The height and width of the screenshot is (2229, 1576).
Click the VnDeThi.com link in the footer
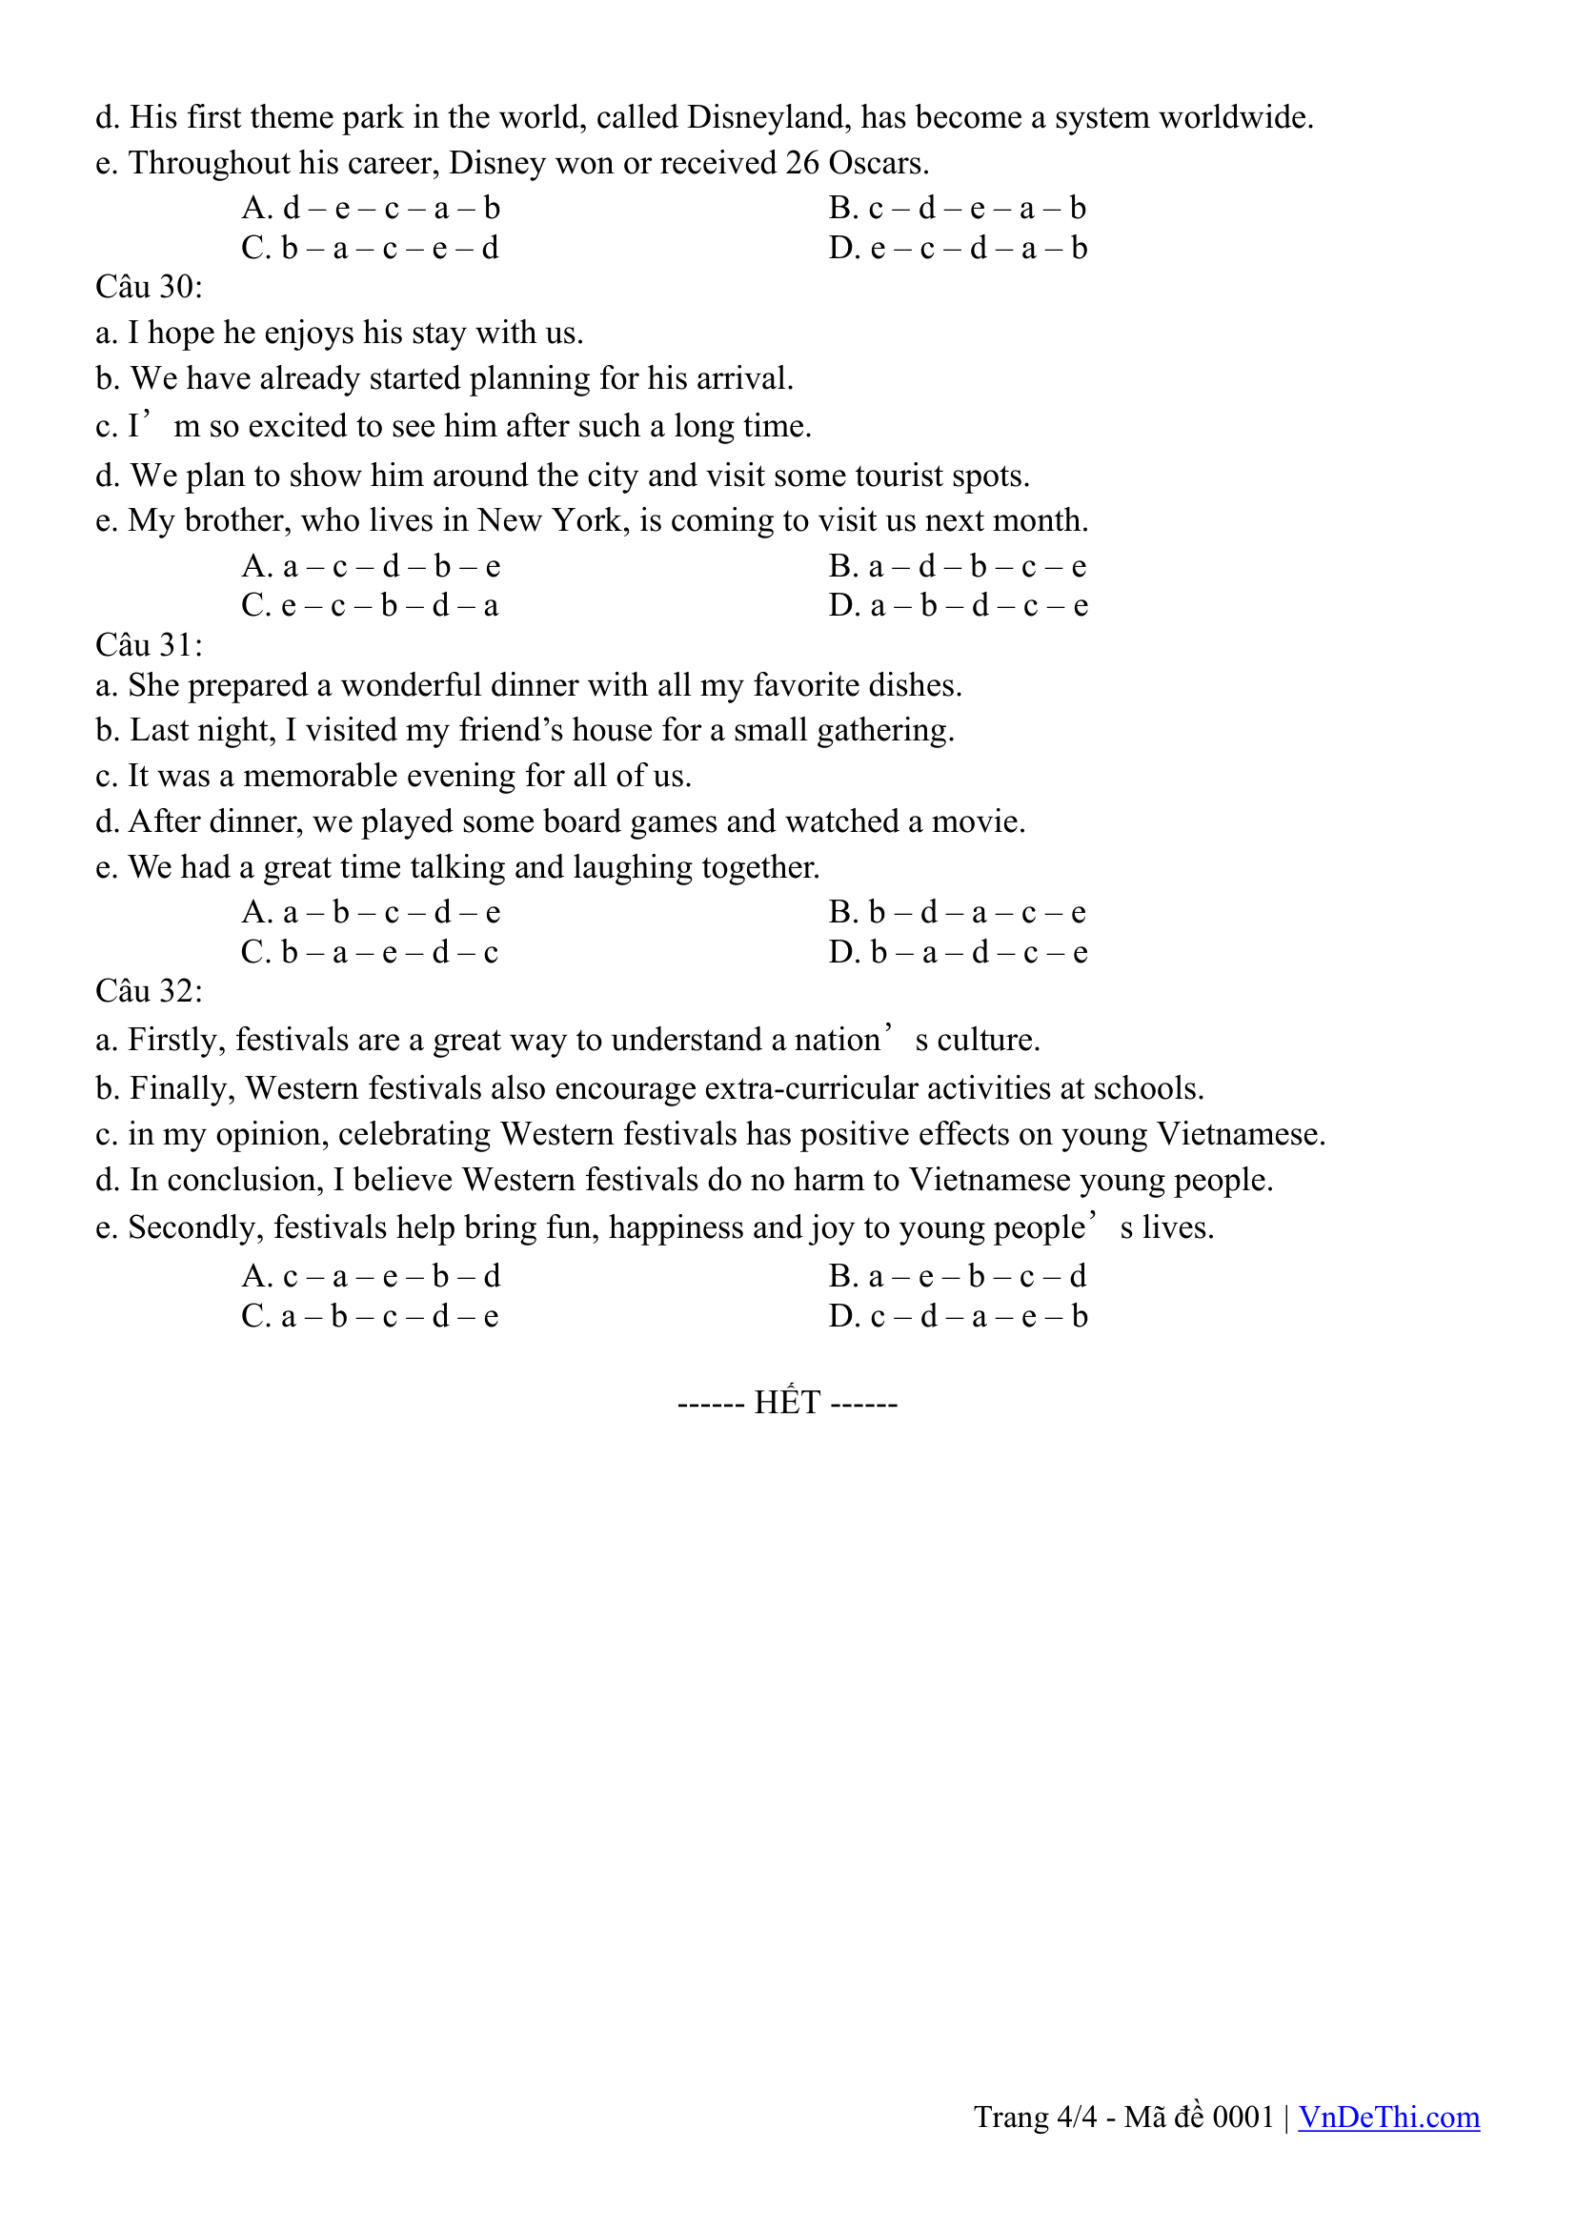coord(1388,2117)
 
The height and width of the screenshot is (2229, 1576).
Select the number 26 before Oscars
coord(801,163)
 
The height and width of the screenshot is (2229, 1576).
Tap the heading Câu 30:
coord(149,287)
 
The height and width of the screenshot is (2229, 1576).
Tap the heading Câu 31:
coord(149,644)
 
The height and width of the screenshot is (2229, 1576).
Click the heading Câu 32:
coord(149,990)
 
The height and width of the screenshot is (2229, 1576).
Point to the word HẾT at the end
coord(787,1403)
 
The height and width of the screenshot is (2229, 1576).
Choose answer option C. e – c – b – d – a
coord(370,606)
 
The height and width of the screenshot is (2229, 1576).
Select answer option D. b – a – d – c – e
coord(958,952)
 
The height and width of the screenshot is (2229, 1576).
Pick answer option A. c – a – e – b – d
coord(371,1276)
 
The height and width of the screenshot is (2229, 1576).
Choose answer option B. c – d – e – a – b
coord(958,208)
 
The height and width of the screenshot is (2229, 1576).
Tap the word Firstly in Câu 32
coord(177,1040)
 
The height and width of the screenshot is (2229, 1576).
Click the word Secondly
coord(196,1228)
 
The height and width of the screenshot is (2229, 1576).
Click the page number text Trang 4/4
coord(1036,2117)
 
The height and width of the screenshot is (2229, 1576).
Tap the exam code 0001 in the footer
coord(1243,2117)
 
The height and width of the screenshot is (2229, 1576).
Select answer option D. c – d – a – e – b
coord(958,1316)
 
